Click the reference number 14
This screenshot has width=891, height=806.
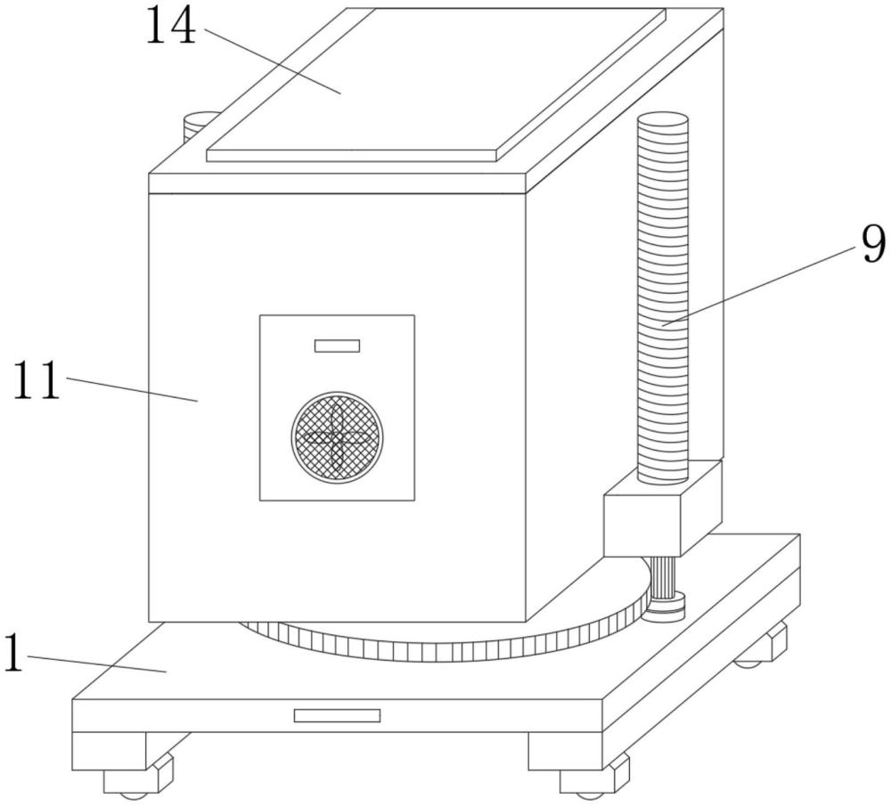tap(171, 27)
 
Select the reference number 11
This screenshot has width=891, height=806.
tap(37, 380)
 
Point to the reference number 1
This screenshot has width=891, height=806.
tap(13, 653)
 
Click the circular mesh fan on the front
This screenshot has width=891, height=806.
tap(337, 436)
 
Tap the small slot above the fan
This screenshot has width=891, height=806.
tap(338, 346)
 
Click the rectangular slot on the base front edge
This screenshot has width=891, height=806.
tap(337, 715)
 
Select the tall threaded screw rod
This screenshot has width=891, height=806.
tap(663, 298)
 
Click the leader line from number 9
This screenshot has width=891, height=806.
tap(759, 286)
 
